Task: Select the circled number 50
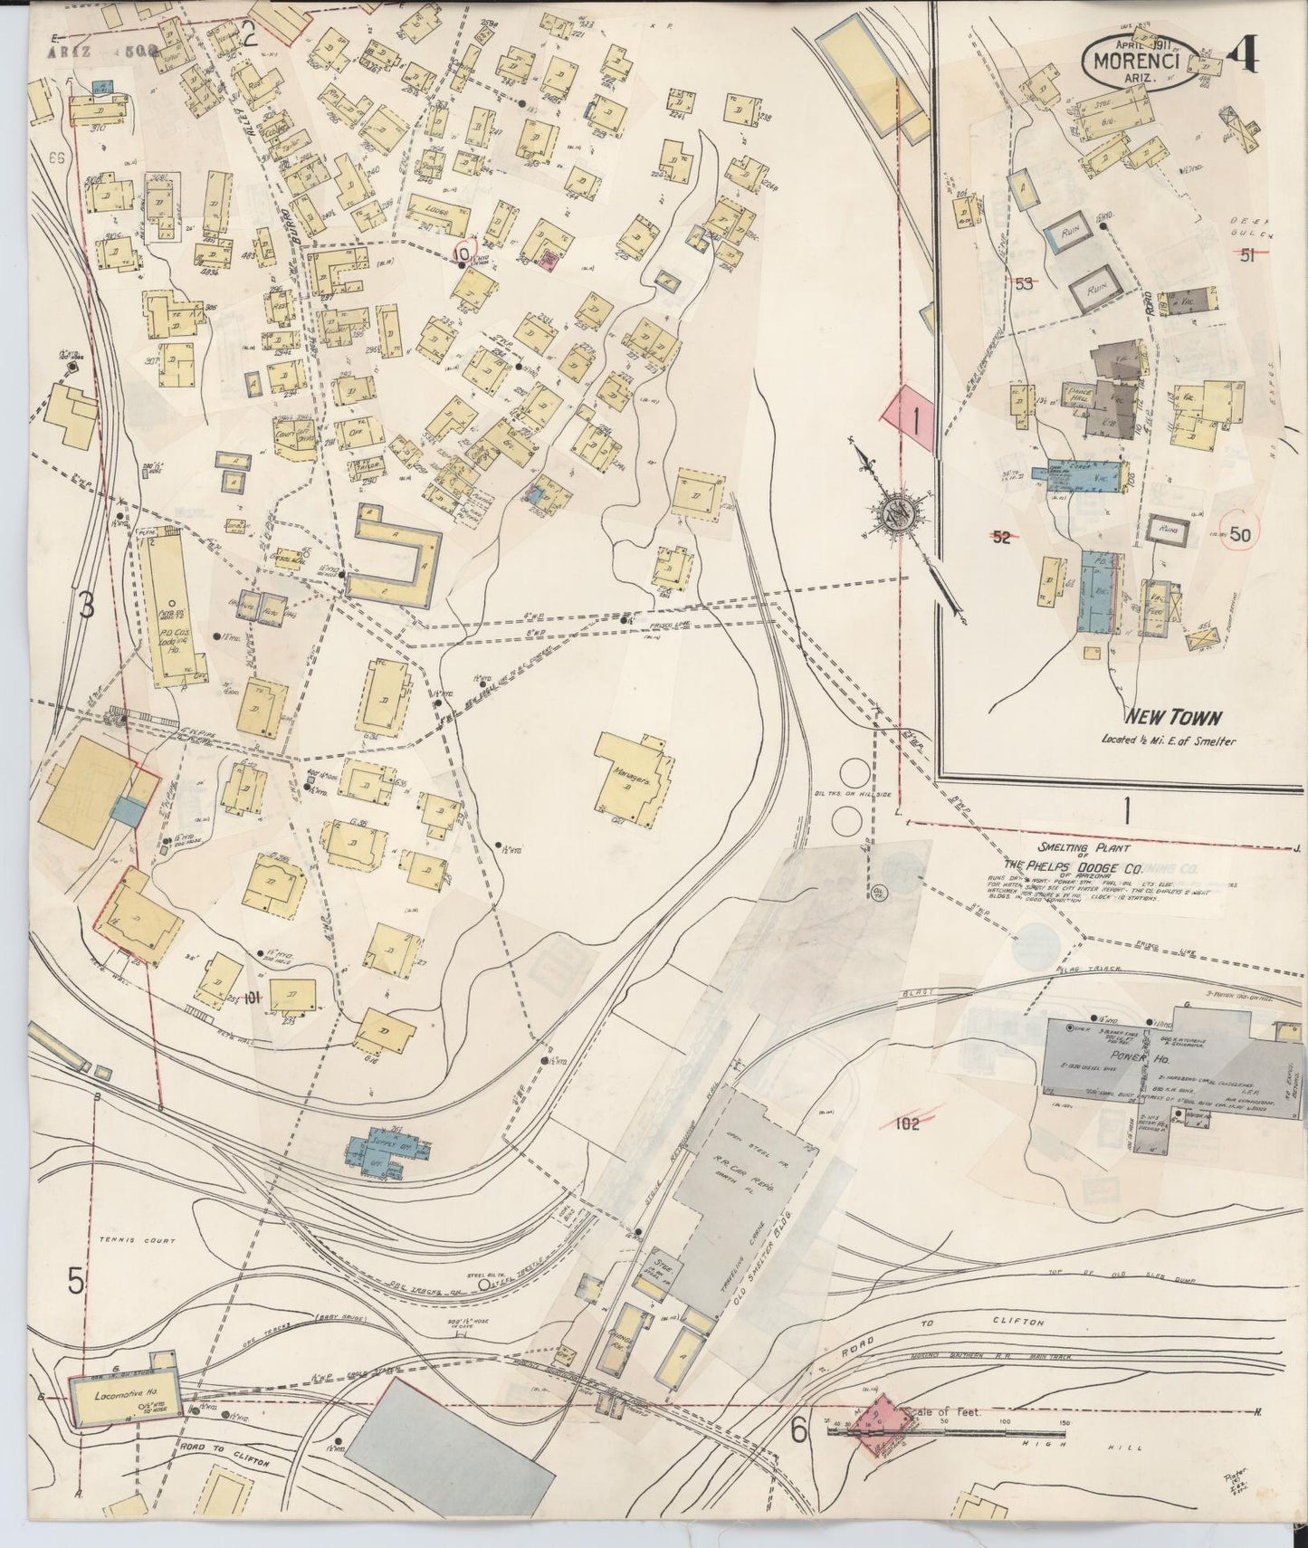pos(1239,534)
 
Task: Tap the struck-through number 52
pos(1000,537)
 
